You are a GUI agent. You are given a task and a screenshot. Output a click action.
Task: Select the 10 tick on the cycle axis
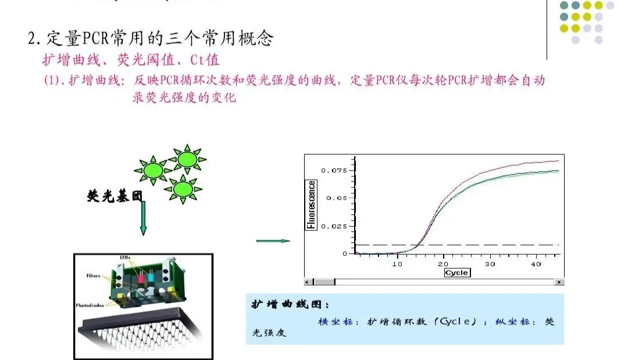pos(397,264)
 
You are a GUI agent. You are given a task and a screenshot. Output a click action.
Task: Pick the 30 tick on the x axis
pos(490,264)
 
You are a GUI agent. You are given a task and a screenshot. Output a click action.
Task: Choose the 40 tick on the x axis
pos(537,264)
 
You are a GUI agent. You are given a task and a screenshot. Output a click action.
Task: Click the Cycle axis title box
pos(456,273)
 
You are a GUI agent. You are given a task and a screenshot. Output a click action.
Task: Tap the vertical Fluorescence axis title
pos(312,205)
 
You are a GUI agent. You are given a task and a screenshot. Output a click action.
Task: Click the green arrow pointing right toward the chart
pos(273,241)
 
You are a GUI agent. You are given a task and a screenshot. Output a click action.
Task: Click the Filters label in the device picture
pos(92,276)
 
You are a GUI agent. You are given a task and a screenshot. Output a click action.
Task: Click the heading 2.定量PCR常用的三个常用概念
pos(151,38)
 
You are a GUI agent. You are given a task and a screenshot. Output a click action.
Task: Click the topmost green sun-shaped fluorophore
pos(185,158)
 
